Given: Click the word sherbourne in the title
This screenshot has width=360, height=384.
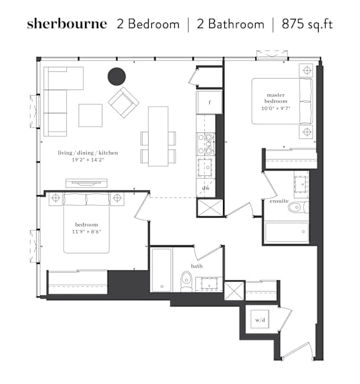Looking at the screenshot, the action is tap(67, 24).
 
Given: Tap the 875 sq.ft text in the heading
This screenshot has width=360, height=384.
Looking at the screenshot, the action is tap(307, 24).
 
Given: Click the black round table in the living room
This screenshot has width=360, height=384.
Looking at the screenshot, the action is tap(117, 76).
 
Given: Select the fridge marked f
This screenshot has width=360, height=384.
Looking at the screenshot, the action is tap(209, 103).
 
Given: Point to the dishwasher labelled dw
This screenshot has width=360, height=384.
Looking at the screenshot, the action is tap(206, 188).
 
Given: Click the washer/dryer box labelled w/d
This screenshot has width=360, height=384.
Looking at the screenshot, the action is tap(259, 320).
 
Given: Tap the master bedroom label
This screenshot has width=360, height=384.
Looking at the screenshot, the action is tap(276, 98).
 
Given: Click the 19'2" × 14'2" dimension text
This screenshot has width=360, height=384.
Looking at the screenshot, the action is tap(88, 160).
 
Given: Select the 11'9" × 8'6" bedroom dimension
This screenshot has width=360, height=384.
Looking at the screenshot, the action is tap(86, 231).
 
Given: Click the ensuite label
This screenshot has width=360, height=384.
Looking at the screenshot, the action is tap(279, 201).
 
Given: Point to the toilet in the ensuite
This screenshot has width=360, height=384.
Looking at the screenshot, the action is tap(298, 208).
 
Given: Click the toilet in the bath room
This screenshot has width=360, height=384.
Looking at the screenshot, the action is tap(187, 281).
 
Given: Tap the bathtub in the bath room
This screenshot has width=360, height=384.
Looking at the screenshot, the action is tap(161, 270).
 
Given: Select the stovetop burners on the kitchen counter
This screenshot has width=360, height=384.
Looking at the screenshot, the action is tap(206, 144).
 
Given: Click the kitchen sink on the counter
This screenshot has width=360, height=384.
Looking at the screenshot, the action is tap(204, 167).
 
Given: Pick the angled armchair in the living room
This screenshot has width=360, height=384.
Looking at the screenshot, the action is tap(124, 103).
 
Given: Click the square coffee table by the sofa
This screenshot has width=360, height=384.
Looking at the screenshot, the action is tap(90, 115).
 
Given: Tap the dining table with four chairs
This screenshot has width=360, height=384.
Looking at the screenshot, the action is tap(158, 136).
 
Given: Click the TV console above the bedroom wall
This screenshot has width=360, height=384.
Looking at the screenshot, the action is tap(86, 183).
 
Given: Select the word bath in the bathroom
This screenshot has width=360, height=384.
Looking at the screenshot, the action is tap(197, 266).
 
